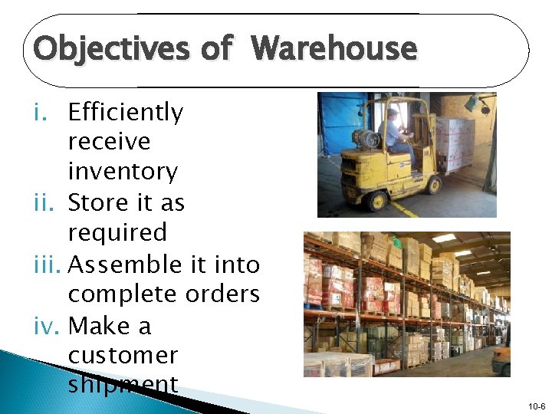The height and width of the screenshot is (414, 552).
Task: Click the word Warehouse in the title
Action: click(x=334, y=49)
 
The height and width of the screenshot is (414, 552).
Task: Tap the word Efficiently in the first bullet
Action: click(x=126, y=113)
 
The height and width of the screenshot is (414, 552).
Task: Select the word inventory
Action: click(x=123, y=171)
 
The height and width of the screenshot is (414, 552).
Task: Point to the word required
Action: click(x=117, y=232)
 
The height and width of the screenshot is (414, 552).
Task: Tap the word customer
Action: click(x=123, y=356)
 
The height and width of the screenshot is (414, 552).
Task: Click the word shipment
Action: click(x=123, y=384)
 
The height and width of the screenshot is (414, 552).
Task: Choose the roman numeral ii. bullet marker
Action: click(x=46, y=203)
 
